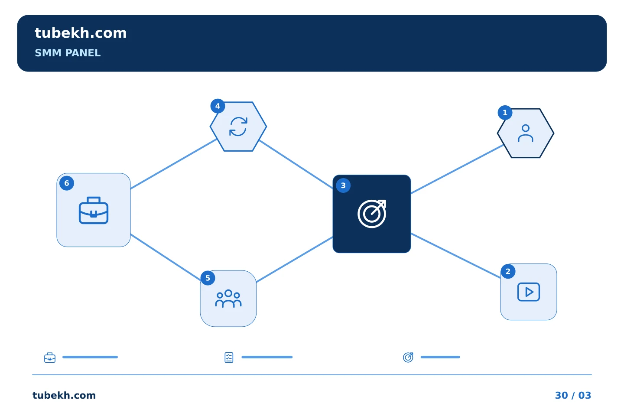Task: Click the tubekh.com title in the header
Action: click(81, 33)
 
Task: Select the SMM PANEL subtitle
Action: click(68, 53)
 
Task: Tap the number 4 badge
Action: click(218, 106)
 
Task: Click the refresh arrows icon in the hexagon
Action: click(238, 127)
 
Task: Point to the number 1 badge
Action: click(505, 113)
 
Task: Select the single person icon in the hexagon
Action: click(525, 133)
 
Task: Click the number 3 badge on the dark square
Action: click(343, 185)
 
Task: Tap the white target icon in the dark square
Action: click(372, 214)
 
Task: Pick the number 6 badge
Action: click(67, 183)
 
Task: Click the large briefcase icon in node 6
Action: click(94, 210)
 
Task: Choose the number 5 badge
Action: click(208, 278)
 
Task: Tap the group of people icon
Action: click(228, 299)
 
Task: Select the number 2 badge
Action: click(508, 271)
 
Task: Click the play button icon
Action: click(529, 292)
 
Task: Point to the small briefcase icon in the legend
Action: click(50, 357)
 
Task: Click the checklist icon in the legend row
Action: click(229, 357)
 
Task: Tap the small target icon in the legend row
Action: click(408, 357)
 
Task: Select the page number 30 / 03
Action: click(573, 395)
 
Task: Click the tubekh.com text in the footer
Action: click(64, 395)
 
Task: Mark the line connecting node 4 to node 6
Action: click(173, 164)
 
